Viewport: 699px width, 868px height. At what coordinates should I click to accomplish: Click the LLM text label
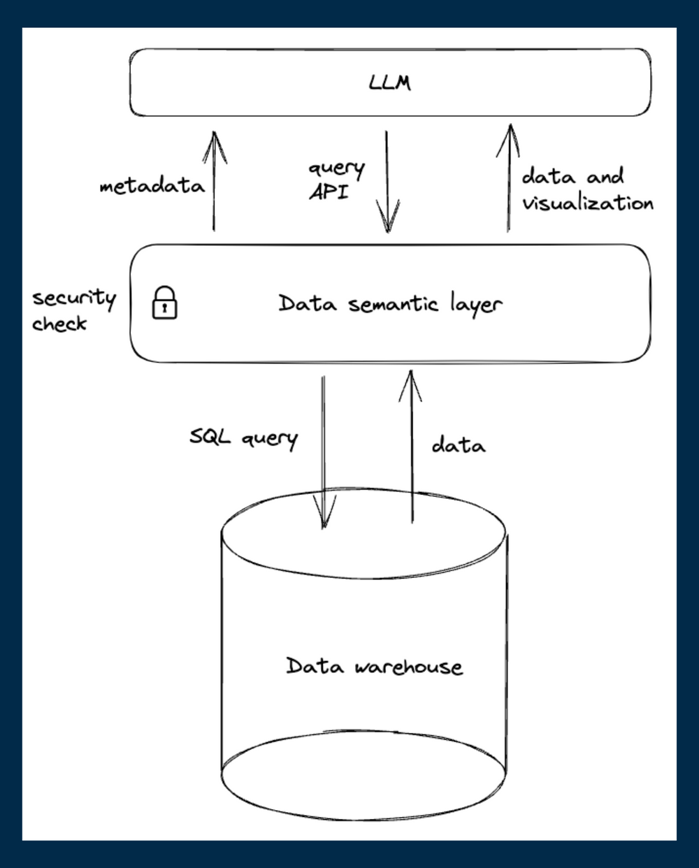(389, 83)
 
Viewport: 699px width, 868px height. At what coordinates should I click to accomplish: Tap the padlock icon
(164, 303)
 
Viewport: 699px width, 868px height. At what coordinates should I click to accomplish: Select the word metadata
(152, 187)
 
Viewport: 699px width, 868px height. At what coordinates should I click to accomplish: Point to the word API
(328, 192)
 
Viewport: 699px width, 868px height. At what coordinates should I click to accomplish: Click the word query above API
(336, 169)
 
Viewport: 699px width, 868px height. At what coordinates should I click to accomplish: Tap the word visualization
(587, 203)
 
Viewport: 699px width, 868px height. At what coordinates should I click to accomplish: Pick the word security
(73, 298)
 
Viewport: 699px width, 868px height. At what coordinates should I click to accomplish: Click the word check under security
(59, 324)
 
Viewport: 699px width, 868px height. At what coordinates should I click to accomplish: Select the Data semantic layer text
(390, 304)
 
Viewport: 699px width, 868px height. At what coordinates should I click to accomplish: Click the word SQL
(210, 438)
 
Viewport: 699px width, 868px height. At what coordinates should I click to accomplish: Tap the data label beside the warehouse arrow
(458, 444)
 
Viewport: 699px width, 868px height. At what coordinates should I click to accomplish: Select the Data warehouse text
(374, 666)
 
